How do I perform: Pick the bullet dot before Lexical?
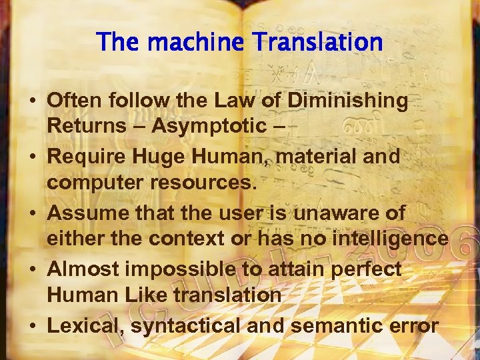pyautogui.click(x=33, y=327)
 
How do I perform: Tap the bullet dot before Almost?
pyautogui.click(x=33, y=270)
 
